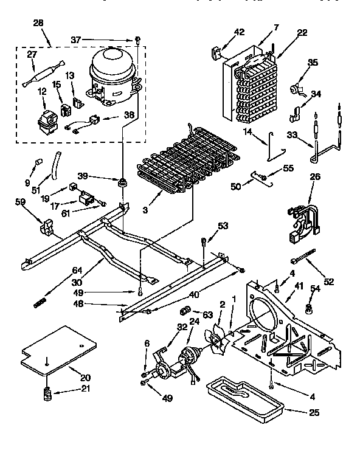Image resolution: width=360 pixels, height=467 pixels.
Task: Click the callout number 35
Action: click(313, 62)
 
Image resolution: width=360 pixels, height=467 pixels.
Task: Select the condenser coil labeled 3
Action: click(182, 164)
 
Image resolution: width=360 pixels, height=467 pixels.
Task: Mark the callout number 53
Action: click(223, 227)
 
